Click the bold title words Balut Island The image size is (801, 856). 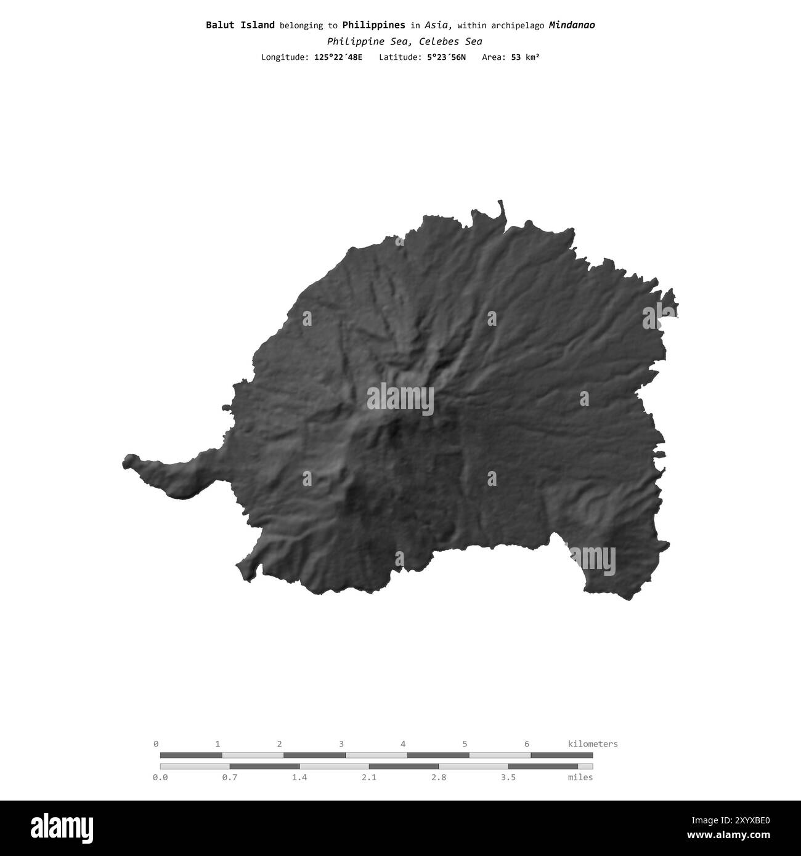click(240, 25)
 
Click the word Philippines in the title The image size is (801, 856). click(373, 25)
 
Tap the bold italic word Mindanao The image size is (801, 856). click(571, 25)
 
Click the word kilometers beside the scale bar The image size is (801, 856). click(592, 744)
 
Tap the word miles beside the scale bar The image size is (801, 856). click(580, 777)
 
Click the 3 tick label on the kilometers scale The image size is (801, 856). click(341, 744)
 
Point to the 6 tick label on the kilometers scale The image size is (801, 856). click(526, 744)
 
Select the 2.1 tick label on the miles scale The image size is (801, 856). click(368, 777)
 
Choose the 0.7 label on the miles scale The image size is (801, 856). click(229, 777)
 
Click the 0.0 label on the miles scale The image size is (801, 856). click(160, 777)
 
